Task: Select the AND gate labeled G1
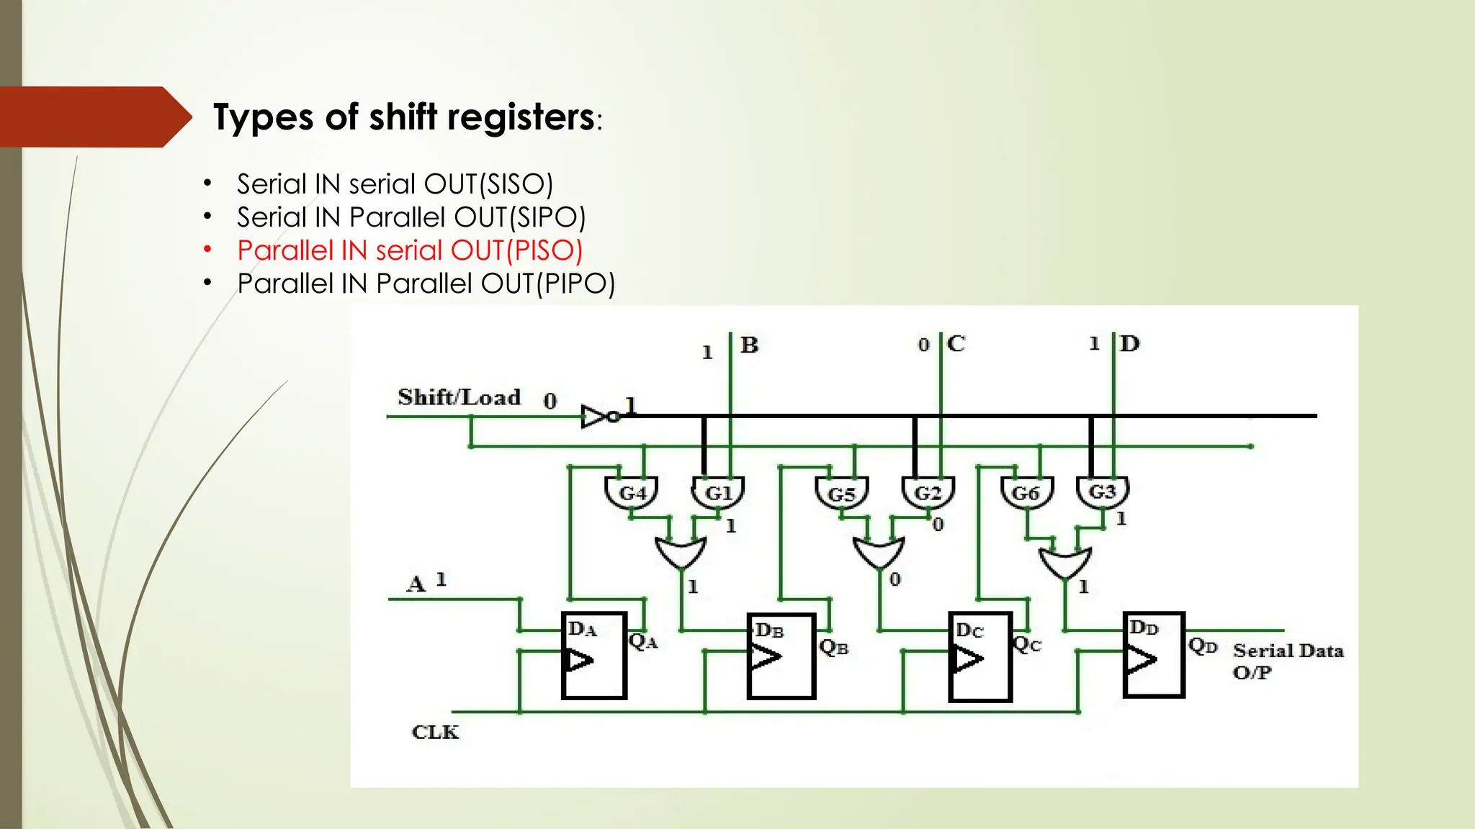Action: pyautogui.click(x=718, y=493)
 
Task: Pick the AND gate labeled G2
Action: pyautogui.click(x=928, y=493)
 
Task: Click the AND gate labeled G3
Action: pyautogui.click(x=1102, y=492)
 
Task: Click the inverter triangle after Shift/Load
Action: pyautogui.click(x=595, y=417)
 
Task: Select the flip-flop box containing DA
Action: pyautogui.click(x=594, y=656)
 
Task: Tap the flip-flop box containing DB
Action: pyautogui.click(x=781, y=656)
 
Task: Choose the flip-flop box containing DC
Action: pyautogui.click(x=981, y=657)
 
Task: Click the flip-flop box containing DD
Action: pyautogui.click(x=1154, y=655)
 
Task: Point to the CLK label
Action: pyautogui.click(x=435, y=733)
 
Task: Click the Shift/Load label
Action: pyautogui.click(x=459, y=397)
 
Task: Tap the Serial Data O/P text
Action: pyautogui.click(x=1288, y=661)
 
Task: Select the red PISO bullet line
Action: pyautogui.click(x=410, y=250)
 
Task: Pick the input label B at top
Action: pyautogui.click(x=750, y=345)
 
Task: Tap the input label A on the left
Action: pyautogui.click(x=416, y=584)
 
